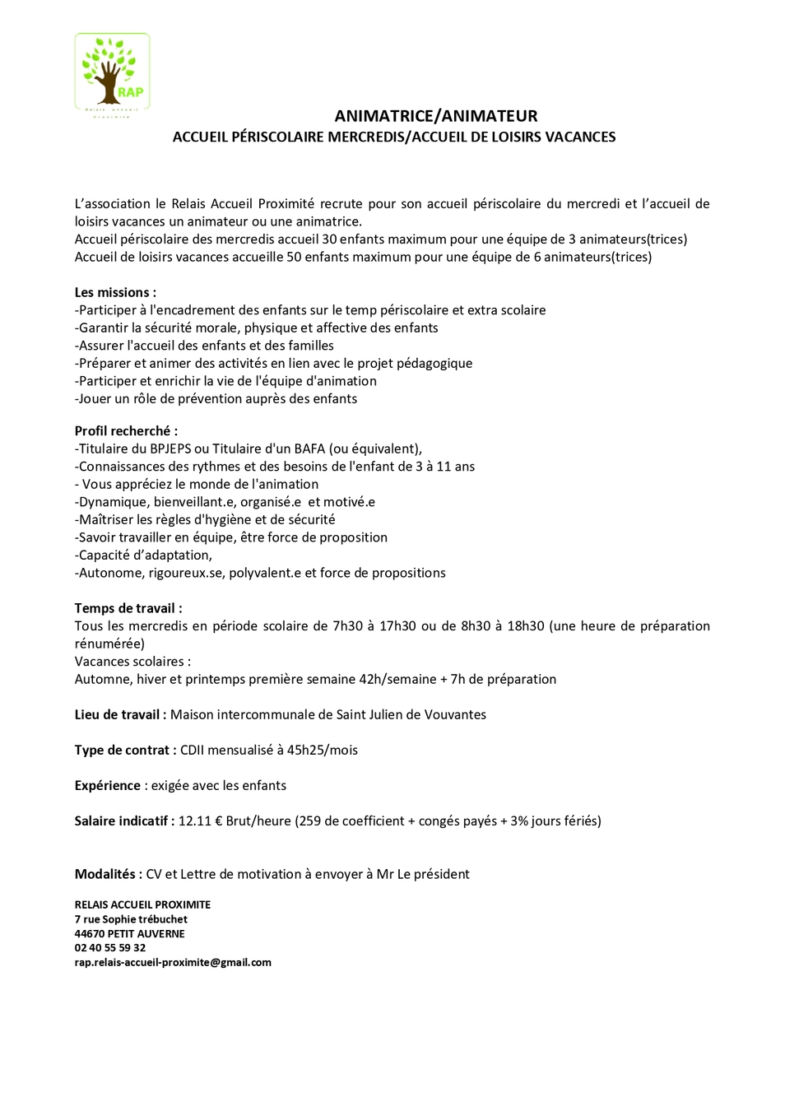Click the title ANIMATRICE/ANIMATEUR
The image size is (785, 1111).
click(435, 116)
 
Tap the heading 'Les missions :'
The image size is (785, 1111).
click(115, 292)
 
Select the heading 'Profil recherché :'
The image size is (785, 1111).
click(126, 430)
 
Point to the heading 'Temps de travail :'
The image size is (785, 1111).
click(128, 608)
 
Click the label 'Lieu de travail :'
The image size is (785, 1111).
click(120, 714)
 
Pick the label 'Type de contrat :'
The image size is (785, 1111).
click(125, 750)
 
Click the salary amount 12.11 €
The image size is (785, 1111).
click(200, 820)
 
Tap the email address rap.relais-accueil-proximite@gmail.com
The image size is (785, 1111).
click(173, 962)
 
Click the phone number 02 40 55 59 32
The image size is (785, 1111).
click(110, 947)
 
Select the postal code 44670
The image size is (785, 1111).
click(90, 933)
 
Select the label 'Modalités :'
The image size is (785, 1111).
click(108, 874)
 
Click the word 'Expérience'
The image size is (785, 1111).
click(108, 785)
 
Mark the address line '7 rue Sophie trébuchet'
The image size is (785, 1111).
click(131, 918)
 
